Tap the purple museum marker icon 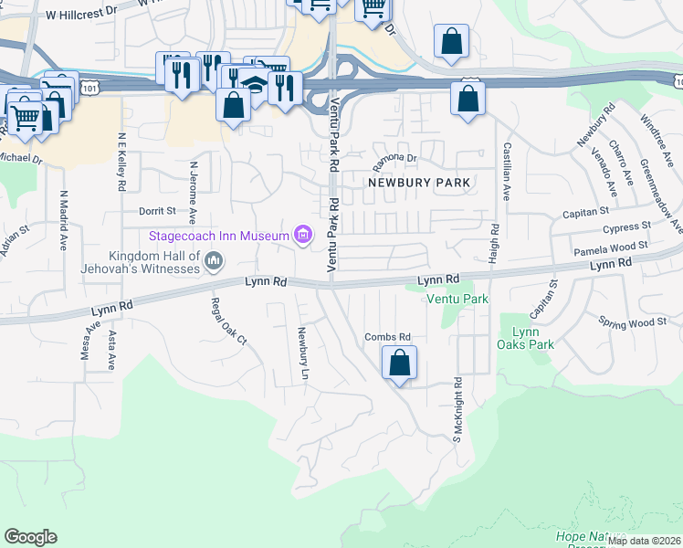303,236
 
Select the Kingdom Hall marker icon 215,263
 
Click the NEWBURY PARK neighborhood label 419,183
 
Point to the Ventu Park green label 457,299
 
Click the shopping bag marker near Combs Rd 400,364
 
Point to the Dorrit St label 156,211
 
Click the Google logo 30,537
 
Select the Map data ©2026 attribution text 644,541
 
